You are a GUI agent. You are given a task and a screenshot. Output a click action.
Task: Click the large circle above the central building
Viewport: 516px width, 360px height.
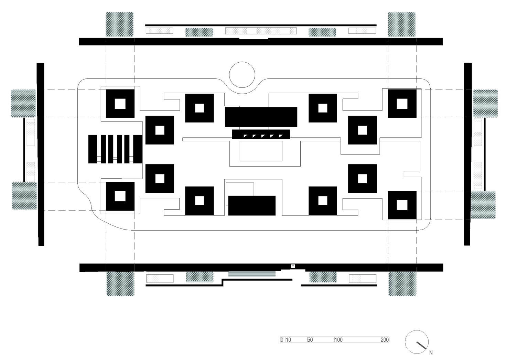pos(242,62)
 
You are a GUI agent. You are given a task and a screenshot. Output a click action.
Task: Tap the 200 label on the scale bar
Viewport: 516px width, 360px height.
pos(385,339)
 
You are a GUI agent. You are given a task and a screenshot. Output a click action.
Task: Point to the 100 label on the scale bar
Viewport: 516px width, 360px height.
pos(338,339)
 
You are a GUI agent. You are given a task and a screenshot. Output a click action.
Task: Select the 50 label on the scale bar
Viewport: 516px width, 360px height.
pos(310,339)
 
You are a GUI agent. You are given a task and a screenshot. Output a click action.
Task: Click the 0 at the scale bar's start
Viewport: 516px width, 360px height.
pos(282,339)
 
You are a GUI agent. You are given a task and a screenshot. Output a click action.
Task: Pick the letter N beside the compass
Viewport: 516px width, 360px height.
pos(431,353)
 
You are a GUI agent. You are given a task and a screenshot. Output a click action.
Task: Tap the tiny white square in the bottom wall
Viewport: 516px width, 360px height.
pos(293,266)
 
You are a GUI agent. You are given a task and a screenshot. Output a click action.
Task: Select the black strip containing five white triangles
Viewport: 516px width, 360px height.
pos(261,134)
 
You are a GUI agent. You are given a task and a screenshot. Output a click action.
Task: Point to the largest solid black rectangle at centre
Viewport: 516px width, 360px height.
pos(261,117)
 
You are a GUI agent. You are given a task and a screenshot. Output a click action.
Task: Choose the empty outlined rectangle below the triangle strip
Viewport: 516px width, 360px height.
pos(261,151)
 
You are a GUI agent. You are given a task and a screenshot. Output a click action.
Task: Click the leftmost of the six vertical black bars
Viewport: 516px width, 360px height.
pos(93,149)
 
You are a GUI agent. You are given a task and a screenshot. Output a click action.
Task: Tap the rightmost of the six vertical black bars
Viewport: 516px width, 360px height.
pos(138,149)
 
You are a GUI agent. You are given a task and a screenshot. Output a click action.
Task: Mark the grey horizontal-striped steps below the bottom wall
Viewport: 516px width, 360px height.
pos(252,274)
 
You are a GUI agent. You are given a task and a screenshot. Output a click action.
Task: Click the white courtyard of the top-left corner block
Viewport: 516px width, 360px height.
pos(120,104)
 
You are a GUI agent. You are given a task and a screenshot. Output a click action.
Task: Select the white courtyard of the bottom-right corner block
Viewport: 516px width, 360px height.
pos(402,205)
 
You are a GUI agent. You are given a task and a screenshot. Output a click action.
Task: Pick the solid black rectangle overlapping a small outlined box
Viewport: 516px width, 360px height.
pos(252,205)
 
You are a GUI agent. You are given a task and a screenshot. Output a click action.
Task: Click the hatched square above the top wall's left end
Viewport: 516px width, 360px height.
pos(120,24)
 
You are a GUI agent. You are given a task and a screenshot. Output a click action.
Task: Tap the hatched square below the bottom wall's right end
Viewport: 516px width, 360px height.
pos(402,284)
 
